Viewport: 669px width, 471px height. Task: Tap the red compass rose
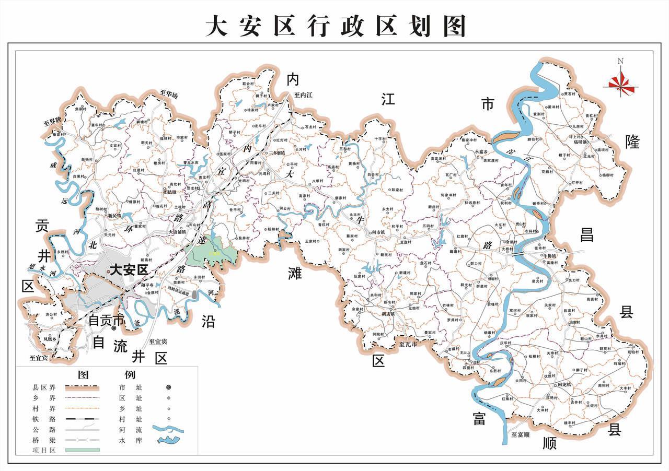pos(620,83)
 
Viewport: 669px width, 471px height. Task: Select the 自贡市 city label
pos(106,320)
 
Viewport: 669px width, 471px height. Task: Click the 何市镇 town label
pos(377,232)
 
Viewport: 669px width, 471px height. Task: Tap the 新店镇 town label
pos(388,314)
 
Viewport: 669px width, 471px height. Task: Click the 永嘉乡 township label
pos(481,152)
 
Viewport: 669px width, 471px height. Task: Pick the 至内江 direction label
pos(303,96)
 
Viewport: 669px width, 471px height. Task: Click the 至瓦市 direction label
pos(408,345)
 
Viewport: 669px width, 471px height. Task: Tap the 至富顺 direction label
pos(521,434)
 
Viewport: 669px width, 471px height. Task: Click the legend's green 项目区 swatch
pos(82,449)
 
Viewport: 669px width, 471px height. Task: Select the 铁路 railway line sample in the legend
pos(82,419)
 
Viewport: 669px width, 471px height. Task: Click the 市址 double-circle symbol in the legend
pos(169,387)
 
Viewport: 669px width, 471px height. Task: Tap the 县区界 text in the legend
pos(44,387)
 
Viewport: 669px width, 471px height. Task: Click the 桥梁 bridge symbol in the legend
pos(82,440)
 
